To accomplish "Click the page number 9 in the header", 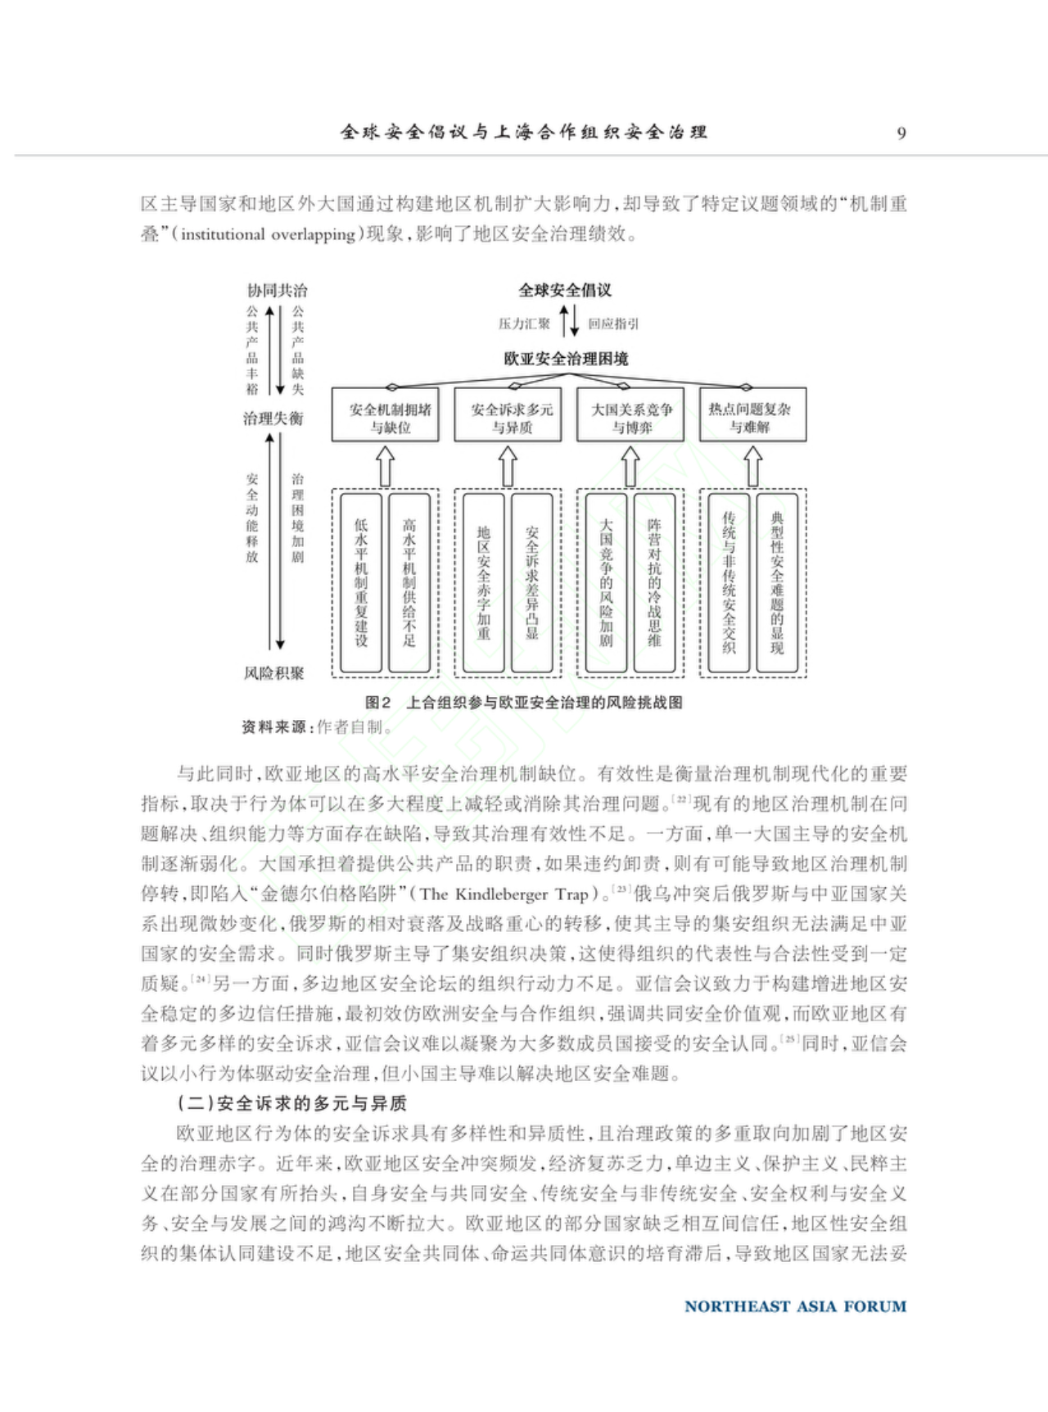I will click(x=901, y=134).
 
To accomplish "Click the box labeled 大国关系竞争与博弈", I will click(x=632, y=418).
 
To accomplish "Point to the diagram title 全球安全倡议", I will click(x=565, y=290).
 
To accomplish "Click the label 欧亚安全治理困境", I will click(x=566, y=359).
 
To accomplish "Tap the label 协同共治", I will click(x=278, y=291).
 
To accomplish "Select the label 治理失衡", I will click(x=273, y=419).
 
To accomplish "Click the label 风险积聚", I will click(x=274, y=673).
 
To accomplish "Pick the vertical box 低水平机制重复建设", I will click(x=361, y=582).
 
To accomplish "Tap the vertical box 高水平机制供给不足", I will click(x=409, y=582).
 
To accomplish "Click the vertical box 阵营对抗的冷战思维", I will click(x=654, y=582).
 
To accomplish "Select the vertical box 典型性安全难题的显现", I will click(x=777, y=582).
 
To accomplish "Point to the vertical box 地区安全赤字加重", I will click(x=484, y=582).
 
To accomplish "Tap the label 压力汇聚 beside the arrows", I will click(x=524, y=324).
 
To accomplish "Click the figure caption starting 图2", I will click(x=524, y=703).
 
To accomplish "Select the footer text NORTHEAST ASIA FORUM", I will click(x=795, y=1306).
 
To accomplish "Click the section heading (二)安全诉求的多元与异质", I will click(x=292, y=1103).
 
